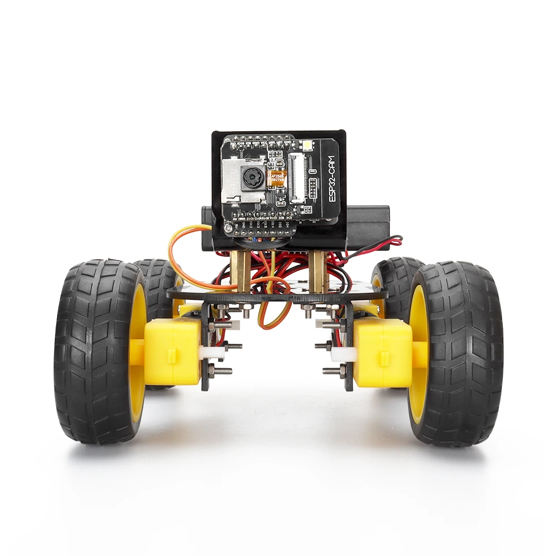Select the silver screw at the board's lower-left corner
229,227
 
